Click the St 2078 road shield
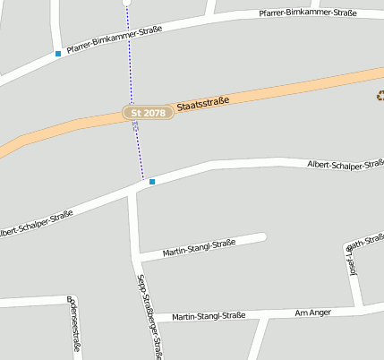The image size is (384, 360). click(148, 113)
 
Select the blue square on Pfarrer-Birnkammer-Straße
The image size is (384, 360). click(58, 54)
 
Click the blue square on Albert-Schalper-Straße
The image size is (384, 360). click(152, 182)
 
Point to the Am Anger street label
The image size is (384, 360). click(313, 313)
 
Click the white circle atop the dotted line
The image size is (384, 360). click(126, 3)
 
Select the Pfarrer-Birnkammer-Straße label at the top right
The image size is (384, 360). click(307, 13)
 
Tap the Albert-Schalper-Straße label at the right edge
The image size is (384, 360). click(345, 164)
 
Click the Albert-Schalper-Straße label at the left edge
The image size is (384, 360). click(36, 223)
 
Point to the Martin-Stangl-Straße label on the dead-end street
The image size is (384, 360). click(199, 248)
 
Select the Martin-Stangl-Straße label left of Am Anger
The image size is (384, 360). click(209, 315)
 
